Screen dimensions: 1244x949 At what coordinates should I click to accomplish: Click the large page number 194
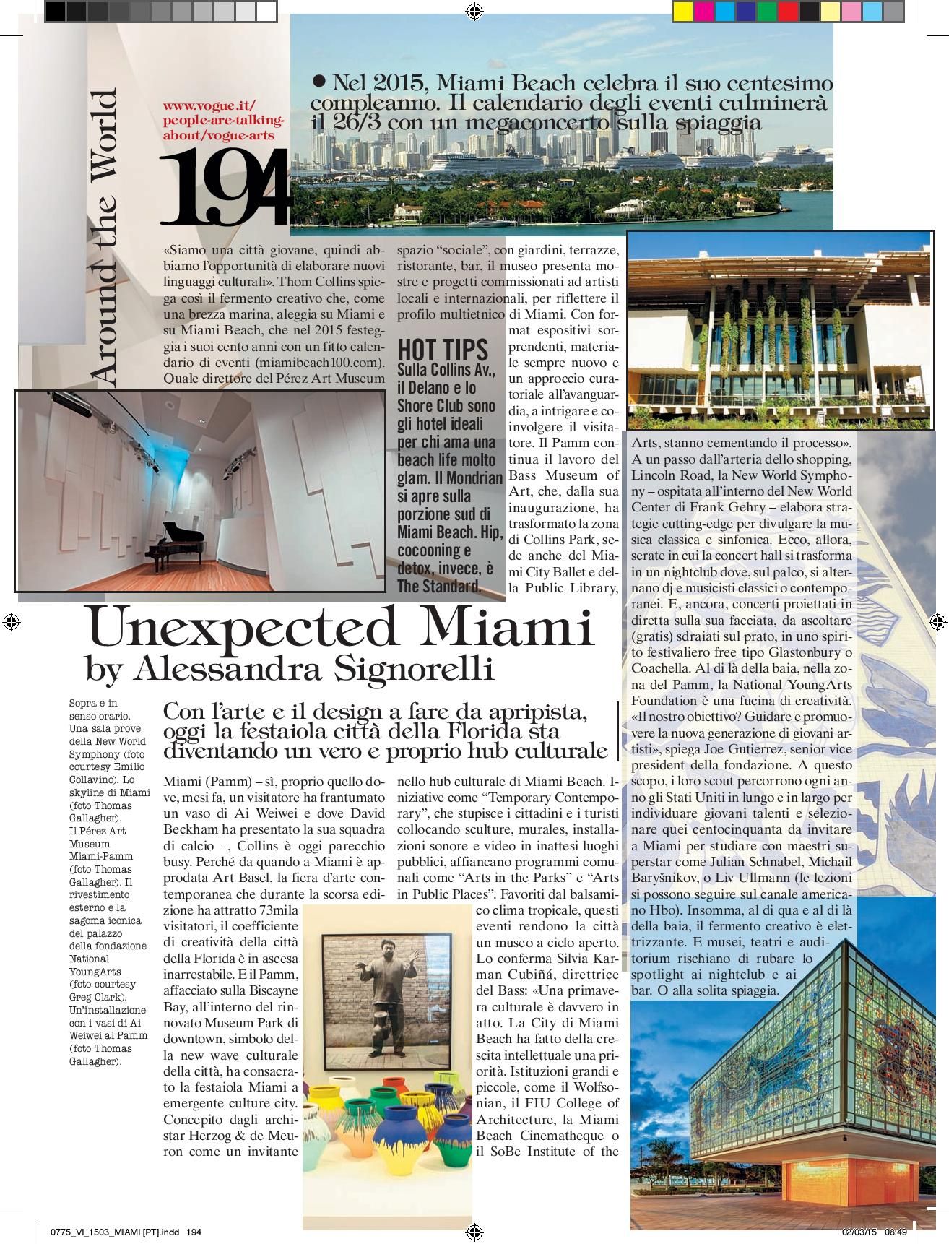(x=225, y=188)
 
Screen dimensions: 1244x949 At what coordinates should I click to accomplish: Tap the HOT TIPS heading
(x=443, y=349)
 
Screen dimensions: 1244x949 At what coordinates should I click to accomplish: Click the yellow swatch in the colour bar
(x=682, y=11)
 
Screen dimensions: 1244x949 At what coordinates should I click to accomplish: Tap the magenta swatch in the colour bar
(x=703, y=11)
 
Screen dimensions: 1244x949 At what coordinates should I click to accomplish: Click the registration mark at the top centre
(x=474, y=10)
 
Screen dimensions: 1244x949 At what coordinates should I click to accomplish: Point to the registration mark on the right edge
(x=937, y=621)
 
